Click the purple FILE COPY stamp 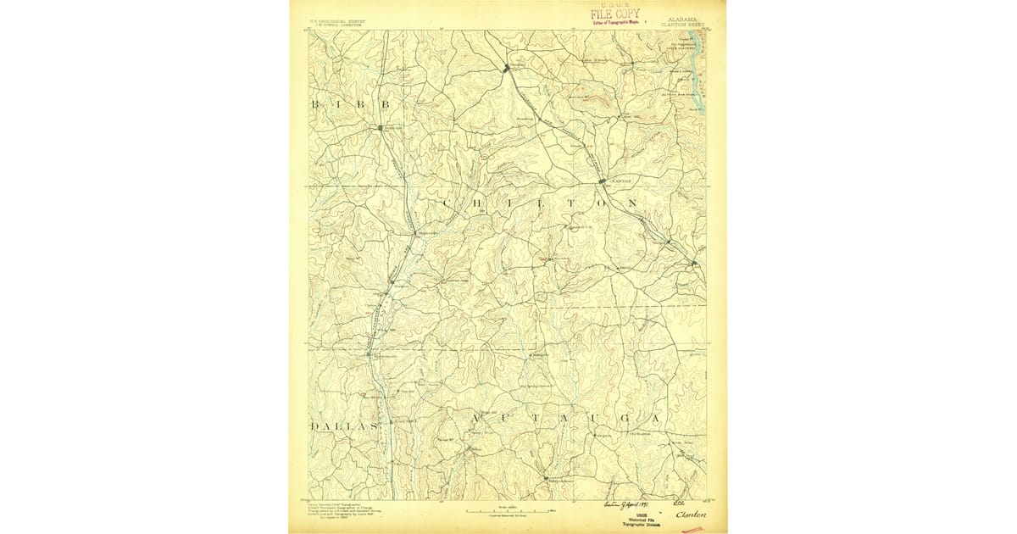(616, 14)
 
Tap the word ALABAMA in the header (684, 17)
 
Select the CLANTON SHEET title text (682, 25)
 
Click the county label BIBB (350, 104)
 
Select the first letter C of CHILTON (447, 205)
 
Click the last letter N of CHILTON (632, 204)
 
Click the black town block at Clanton (602, 181)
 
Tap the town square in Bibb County (381, 128)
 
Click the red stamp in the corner (692, 528)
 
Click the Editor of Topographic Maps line (614, 22)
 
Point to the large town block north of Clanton (508, 68)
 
